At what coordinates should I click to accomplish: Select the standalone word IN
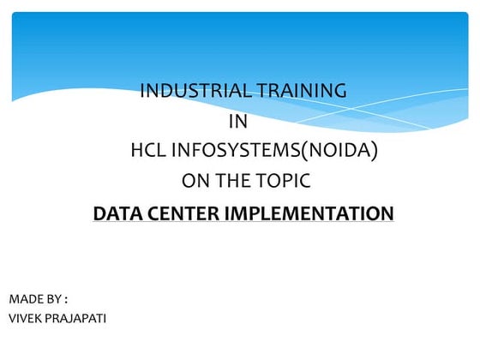coord(239,121)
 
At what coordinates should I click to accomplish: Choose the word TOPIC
coord(282,181)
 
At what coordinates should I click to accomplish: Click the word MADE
coord(24,299)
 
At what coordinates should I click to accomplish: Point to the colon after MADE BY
coord(65,300)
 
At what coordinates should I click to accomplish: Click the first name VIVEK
coord(25,319)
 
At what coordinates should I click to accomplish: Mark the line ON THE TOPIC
coord(245,181)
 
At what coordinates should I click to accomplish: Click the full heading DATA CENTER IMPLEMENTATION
coord(243,213)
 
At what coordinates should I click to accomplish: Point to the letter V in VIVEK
coord(12,319)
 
